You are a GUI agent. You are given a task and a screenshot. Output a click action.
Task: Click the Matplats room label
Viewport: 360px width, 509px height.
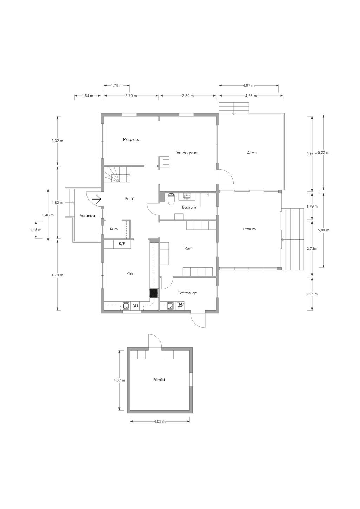[131, 139]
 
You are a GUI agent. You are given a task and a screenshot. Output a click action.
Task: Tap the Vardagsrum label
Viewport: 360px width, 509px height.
[187, 153]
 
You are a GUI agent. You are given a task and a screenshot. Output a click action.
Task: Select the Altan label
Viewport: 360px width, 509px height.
[252, 153]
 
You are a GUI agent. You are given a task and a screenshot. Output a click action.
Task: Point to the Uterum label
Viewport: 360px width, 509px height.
[249, 229]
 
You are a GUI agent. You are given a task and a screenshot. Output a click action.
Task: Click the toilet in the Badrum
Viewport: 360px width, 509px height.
[171, 199]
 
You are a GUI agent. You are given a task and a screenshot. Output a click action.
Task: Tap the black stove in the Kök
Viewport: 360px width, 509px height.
[154, 293]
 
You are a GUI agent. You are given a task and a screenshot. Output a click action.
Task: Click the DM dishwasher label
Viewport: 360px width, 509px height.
[135, 306]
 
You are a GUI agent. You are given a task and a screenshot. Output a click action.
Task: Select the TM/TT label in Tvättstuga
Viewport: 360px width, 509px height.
[180, 306]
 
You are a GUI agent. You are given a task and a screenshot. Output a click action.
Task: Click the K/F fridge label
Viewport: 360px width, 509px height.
[122, 244]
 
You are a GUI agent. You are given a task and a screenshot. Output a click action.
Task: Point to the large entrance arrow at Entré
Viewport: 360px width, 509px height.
[96, 199]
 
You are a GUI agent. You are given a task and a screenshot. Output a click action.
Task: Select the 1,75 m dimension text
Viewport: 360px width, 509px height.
[117, 86]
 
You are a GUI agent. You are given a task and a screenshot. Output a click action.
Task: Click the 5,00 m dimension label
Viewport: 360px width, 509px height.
[324, 230]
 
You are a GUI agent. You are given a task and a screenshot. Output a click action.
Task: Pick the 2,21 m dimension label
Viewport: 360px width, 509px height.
[312, 294]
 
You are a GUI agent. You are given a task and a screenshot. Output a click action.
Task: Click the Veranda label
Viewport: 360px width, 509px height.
[87, 216]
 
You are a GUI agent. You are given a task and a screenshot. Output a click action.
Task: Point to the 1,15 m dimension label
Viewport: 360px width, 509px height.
[36, 230]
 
